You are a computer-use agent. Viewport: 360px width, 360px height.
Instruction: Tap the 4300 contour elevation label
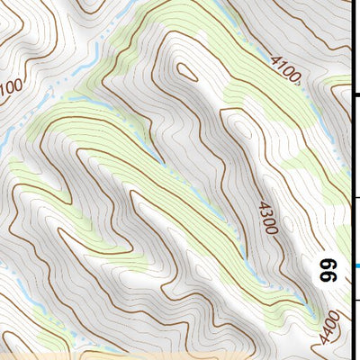[267, 218]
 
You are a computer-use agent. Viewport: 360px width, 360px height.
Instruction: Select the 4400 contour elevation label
[330, 327]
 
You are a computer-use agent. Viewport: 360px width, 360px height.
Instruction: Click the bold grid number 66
[328, 270]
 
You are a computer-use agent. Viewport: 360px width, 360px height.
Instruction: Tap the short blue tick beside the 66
[356, 266]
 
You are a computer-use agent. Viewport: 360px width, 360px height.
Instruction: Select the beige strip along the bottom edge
[180, 355]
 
